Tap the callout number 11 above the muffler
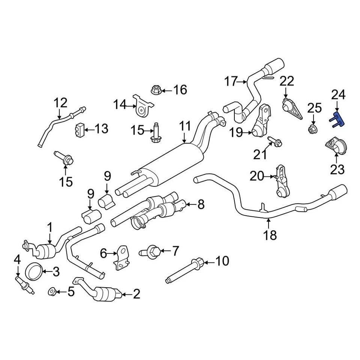[185, 127]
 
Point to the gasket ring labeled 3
[33, 269]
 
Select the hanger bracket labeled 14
[141, 106]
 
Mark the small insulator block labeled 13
[79, 130]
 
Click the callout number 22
[287, 81]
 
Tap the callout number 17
[231, 81]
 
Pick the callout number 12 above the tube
[60, 102]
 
